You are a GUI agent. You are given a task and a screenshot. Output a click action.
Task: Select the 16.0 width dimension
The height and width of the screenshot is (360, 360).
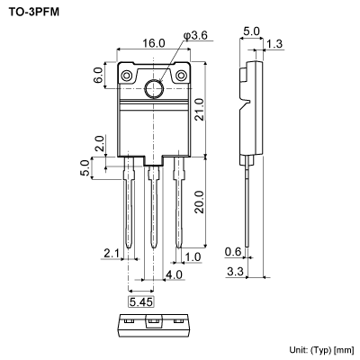pyautogui.click(x=154, y=43)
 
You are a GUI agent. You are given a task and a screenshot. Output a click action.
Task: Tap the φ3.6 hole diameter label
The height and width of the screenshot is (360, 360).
pyautogui.click(x=196, y=35)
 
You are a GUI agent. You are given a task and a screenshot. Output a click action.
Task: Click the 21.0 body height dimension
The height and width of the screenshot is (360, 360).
pyautogui.click(x=200, y=109)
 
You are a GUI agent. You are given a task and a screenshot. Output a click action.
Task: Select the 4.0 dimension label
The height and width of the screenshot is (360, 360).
pyautogui.click(x=174, y=274)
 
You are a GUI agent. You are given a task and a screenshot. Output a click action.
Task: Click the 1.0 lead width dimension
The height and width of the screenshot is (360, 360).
pyautogui.click(x=193, y=258)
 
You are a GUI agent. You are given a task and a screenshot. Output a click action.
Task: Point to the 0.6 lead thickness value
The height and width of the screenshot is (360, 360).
pyautogui.click(x=233, y=251)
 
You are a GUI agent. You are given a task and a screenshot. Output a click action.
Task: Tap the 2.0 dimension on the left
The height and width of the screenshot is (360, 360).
pyautogui.click(x=98, y=143)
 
